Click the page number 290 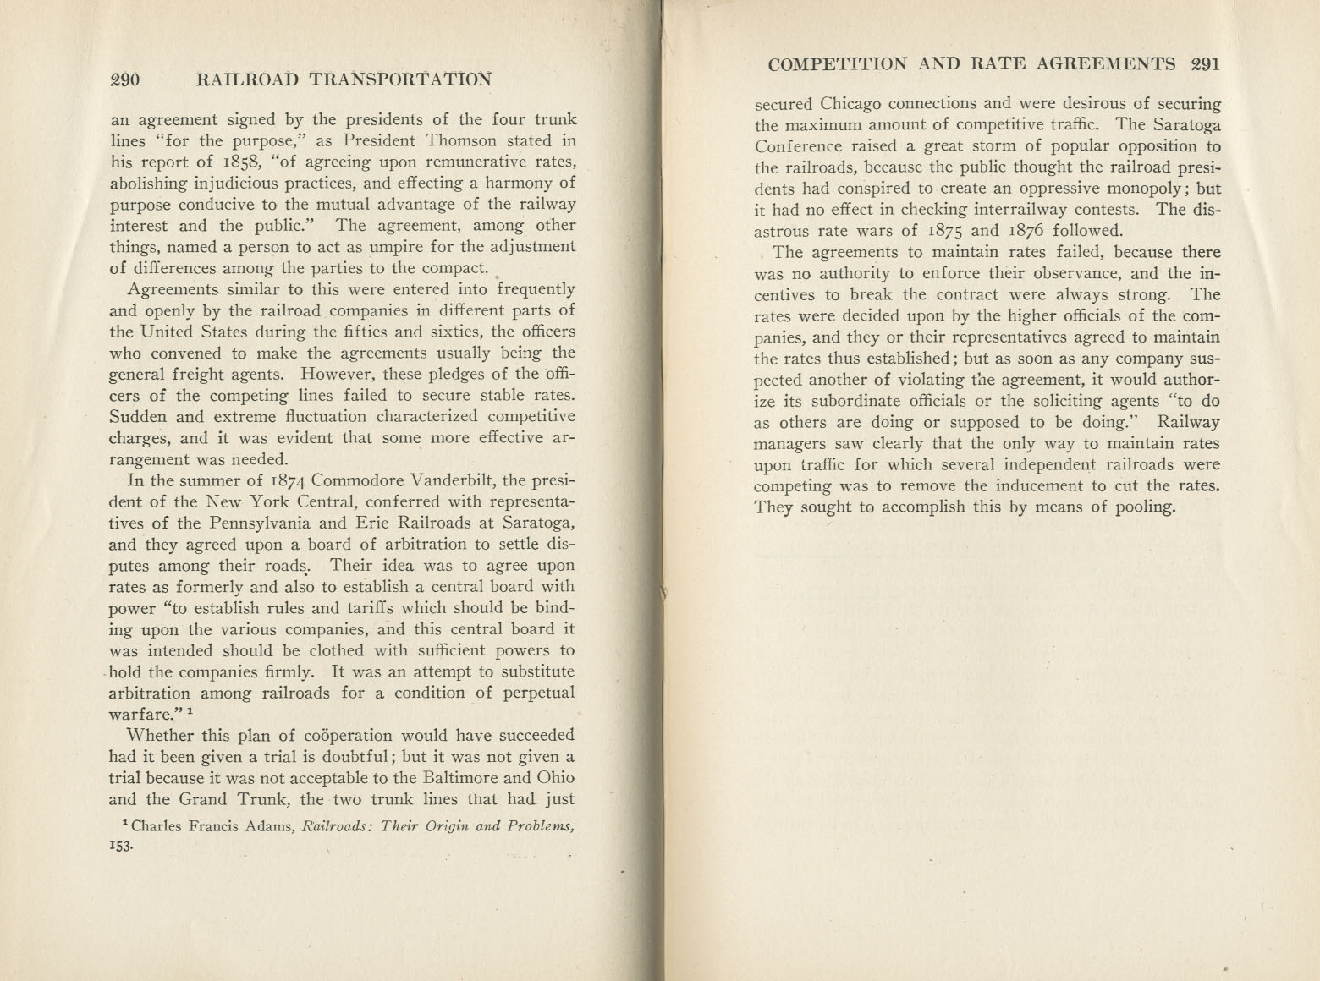coord(124,80)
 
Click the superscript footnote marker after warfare coord(193,713)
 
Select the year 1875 coord(942,231)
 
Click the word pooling coord(1144,507)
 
